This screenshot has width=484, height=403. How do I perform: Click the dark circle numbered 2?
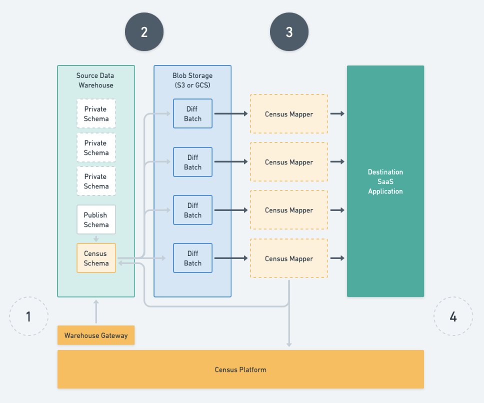pyautogui.click(x=144, y=32)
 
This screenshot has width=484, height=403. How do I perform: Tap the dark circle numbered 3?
pyautogui.click(x=289, y=32)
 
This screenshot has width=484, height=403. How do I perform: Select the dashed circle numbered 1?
pyautogui.click(x=28, y=316)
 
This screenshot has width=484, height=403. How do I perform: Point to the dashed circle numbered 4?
pyautogui.click(x=453, y=316)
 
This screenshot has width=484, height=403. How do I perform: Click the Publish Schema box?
pyautogui.click(x=96, y=219)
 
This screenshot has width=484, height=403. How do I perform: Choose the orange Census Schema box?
pyautogui.click(x=96, y=258)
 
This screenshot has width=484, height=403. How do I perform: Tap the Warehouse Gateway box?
pyautogui.click(x=96, y=335)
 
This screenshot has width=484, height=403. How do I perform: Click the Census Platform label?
pyautogui.click(x=240, y=369)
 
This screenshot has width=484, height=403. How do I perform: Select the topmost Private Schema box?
pyautogui.click(x=96, y=113)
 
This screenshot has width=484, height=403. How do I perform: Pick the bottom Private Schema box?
pyautogui.click(x=96, y=181)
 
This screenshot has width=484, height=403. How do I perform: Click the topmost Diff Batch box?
pyautogui.click(x=192, y=113)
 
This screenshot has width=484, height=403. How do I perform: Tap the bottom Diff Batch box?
pyautogui.click(x=192, y=258)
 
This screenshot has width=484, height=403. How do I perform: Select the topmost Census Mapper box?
pyautogui.click(x=288, y=114)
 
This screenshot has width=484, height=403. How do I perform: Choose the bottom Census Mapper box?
pyautogui.click(x=288, y=258)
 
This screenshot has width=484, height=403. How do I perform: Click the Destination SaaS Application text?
pyautogui.click(x=385, y=181)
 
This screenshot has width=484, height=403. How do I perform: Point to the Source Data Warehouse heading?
pyautogui.click(x=95, y=80)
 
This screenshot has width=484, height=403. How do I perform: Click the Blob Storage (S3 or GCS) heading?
pyautogui.click(x=192, y=80)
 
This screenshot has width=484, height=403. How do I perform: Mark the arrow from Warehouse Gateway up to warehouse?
pyautogui.click(x=96, y=311)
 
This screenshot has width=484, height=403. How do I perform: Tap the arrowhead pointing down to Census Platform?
pyautogui.click(x=289, y=343)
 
